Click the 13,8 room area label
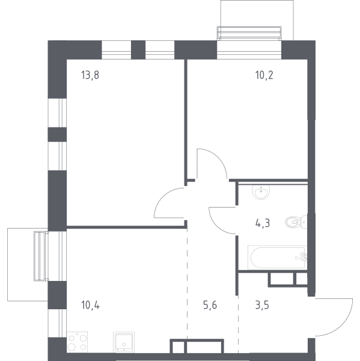[90, 75]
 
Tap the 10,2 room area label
[264, 75]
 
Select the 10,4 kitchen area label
[90, 305]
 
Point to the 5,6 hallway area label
[210, 305]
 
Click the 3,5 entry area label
[262, 305]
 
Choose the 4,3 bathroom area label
[263, 223]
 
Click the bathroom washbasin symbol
[261, 192]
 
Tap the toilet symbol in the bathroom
[296, 222]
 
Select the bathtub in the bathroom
[278, 258]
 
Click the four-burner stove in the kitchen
[78, 342]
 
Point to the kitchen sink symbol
[124, 342]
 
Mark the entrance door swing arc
[343, 325]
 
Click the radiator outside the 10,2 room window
[249, 33]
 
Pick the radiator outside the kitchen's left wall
[41, 256]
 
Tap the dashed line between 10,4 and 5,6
[187, 284]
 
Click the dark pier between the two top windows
[138, 50]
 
